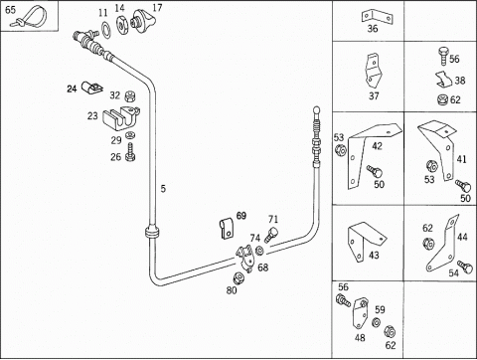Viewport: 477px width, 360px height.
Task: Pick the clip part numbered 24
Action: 92,87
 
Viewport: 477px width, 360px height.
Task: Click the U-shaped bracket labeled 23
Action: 121,118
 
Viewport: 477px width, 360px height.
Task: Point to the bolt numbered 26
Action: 130,152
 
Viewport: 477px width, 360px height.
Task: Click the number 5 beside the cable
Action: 163,189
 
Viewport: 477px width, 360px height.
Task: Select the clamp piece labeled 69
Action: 227,229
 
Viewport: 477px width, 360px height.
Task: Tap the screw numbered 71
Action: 271,235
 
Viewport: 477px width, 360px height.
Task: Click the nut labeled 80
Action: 238,278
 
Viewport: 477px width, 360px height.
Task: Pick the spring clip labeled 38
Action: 444,80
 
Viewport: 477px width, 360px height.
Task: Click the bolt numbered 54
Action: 465,267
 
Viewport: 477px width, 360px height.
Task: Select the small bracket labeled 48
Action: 359,312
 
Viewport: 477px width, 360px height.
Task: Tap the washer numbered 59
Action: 376,322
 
